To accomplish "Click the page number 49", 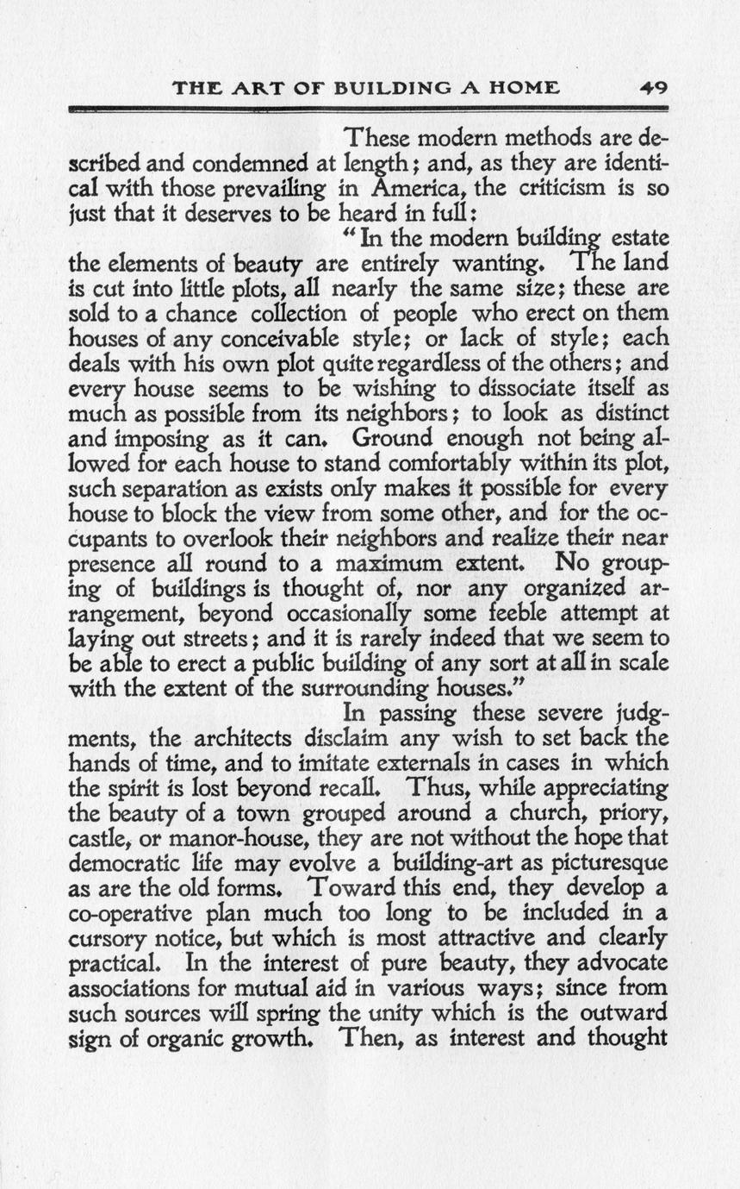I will [656, 88].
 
